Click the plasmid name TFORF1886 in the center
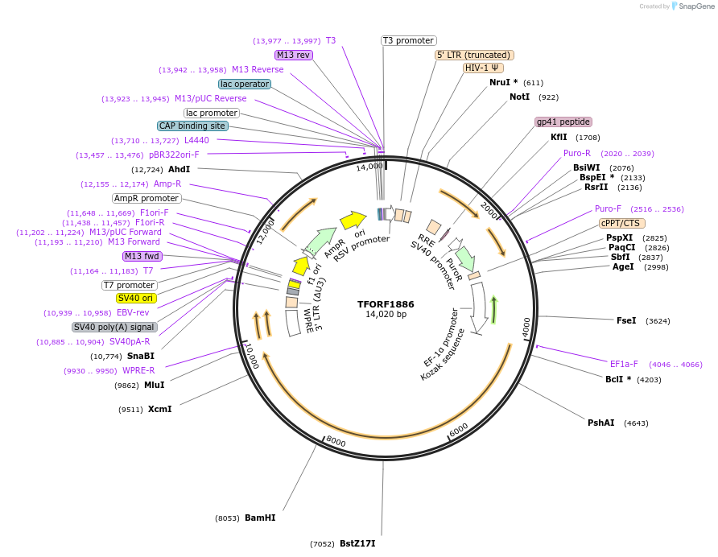click(386, 304)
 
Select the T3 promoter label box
click(408, 40)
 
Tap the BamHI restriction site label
click(260, 518)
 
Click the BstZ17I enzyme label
click(357, 543)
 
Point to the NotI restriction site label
click(520, 97)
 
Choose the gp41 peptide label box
click(563, 122)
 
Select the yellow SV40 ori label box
click(135, 298)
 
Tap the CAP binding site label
click(192, 126)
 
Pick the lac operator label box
click(244, 84)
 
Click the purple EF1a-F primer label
click(624, 364)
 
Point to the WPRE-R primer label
click(138, 370)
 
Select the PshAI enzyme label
click(600, 423)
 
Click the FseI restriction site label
click(626, 320)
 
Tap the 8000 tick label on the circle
click(335, 442)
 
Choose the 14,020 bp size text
click(386, 314)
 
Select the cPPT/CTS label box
click(622, 223)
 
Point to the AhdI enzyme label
click(179, 169)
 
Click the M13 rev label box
click(293, 55)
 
